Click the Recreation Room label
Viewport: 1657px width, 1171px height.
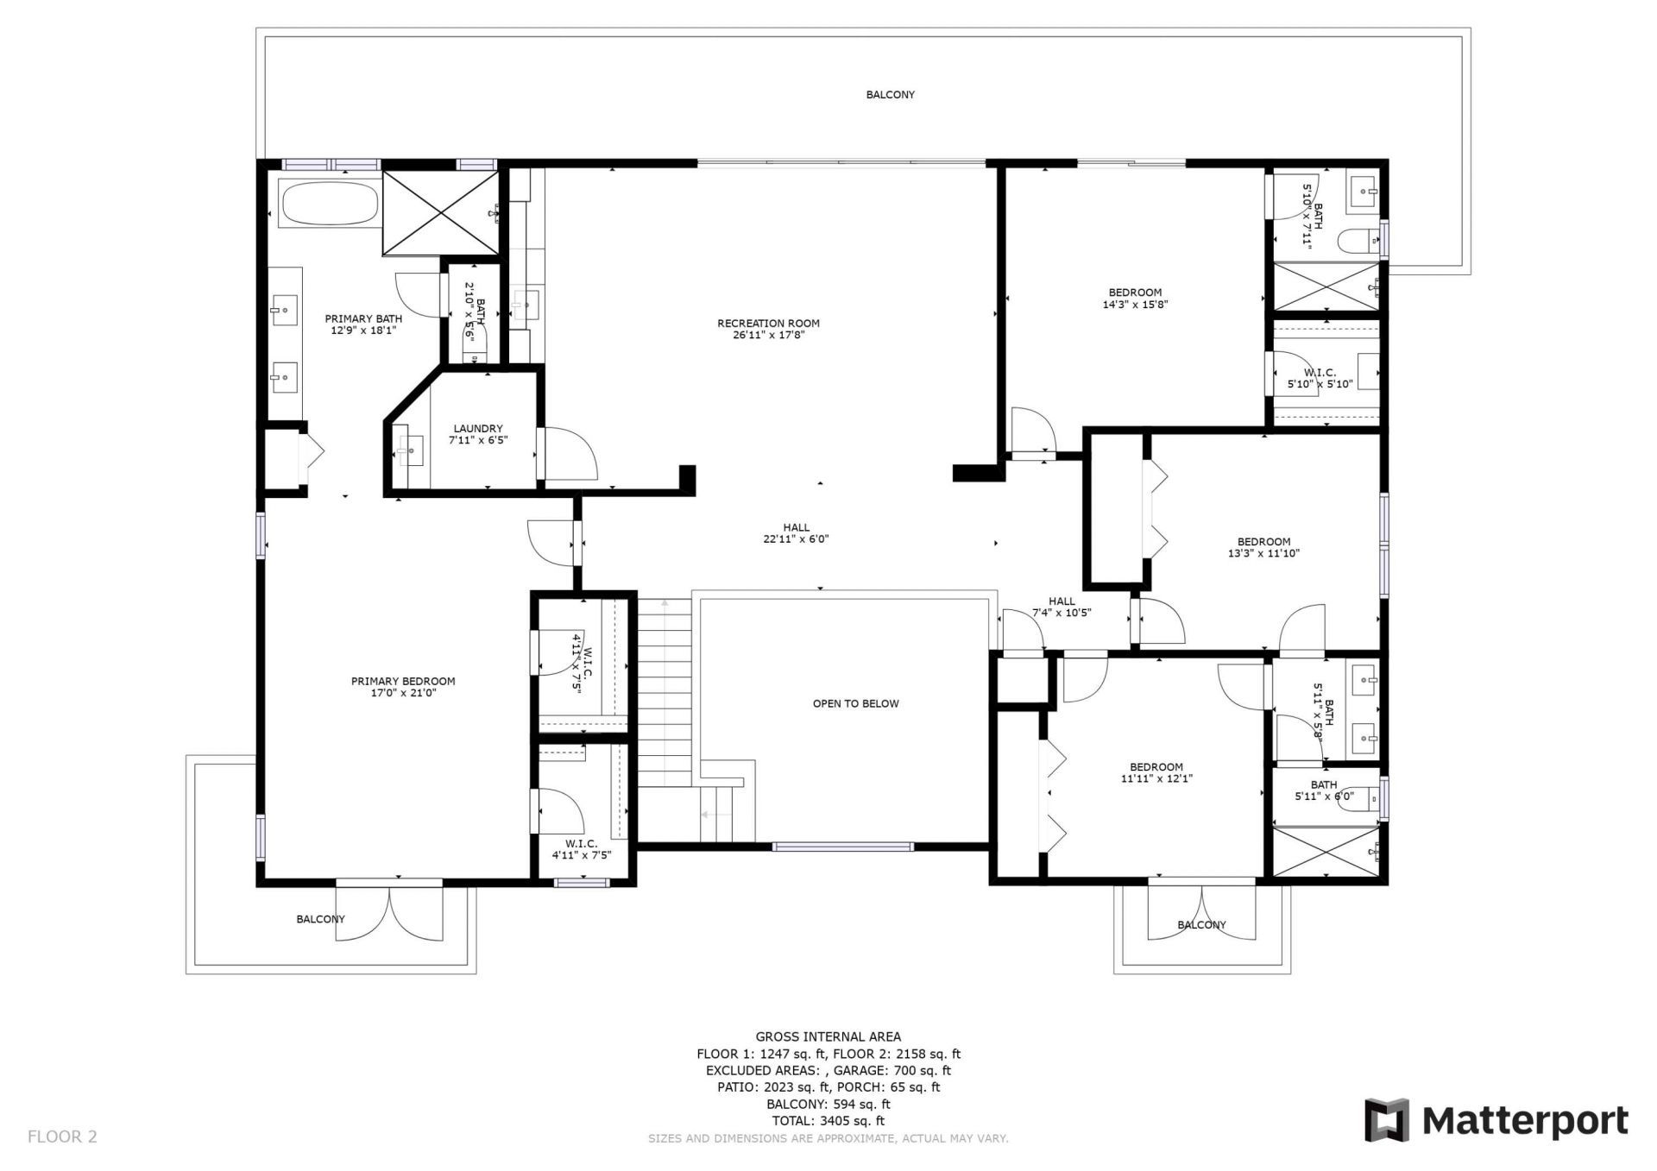pos(768,324)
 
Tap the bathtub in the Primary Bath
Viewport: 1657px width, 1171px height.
pos(329,204)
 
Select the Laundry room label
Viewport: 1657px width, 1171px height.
pos(477,429)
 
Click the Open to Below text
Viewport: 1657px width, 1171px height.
pos(855,703)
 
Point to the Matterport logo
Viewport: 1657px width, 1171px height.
pos(1496,1120)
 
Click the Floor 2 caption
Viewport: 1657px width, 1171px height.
pos(62,1136)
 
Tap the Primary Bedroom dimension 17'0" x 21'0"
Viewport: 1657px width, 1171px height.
pos(402,693)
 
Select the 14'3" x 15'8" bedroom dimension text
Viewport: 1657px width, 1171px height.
pos(1135,305)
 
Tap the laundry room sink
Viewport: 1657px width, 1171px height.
pos(411,448)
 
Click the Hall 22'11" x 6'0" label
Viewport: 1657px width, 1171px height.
pos(796,528)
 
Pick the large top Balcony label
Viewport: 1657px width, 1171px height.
pos(890,95)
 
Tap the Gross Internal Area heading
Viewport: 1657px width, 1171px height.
pos(828,1037)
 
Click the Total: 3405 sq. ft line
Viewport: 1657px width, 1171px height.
pos(828,1121)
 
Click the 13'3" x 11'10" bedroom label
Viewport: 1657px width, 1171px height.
pos(1263,542)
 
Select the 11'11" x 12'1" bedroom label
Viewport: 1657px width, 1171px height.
pos(1156,767)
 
